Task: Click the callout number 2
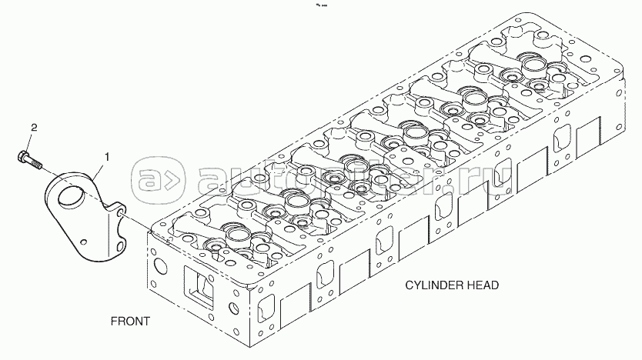click(x=33, y=127)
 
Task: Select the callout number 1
click(x=107, y=157)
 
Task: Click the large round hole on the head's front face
click(x=161, y=268)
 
